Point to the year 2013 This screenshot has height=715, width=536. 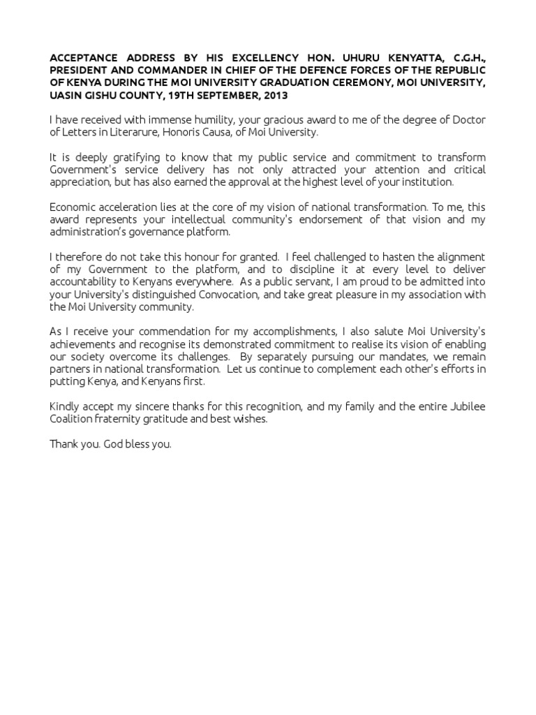point(274,95)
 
